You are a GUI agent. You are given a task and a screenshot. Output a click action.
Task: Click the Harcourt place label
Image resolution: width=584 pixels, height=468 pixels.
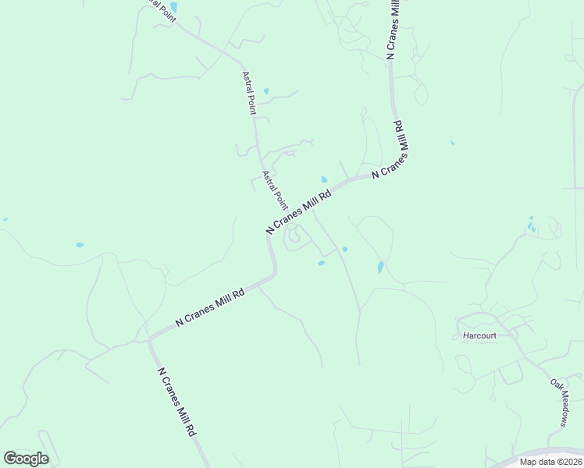click(479, 335)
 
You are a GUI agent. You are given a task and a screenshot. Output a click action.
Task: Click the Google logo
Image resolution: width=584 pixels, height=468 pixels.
click(26, 459)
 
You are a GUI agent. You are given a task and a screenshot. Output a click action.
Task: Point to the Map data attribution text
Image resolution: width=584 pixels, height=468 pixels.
click(550, 462)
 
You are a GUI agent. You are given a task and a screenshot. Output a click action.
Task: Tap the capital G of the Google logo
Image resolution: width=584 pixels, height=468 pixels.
click(10, 458)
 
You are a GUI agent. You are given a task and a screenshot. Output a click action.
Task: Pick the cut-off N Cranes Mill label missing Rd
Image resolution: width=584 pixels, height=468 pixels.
click(393, 27)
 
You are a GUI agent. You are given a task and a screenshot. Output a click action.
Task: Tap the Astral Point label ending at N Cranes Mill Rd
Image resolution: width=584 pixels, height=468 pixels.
click(274, 190)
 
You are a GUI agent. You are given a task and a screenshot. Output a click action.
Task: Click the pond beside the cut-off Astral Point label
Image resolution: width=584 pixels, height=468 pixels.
click(173, 7)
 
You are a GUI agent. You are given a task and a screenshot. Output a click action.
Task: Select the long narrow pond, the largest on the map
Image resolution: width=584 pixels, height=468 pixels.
click(380, 267)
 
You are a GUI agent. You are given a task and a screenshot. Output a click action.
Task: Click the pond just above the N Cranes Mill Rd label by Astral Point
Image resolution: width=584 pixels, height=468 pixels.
click(324, 179)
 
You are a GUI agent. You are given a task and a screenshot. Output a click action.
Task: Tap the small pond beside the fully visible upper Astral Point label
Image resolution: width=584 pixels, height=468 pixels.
click(266, 91)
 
